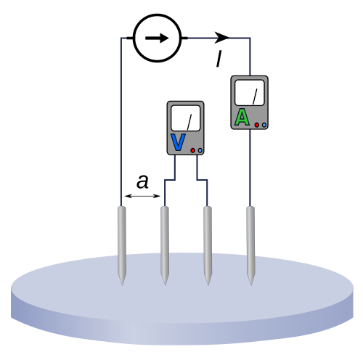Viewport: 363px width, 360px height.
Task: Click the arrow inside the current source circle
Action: point(157,38)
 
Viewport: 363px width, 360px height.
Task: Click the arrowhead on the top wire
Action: point(221,38)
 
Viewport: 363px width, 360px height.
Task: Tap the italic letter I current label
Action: point(219,58)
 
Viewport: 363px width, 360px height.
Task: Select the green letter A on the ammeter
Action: point(242,117)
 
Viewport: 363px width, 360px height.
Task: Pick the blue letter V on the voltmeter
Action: point(179,142)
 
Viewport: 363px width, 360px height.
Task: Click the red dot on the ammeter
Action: point(257,125)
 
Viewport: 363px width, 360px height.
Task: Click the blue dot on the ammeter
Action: point(264,125)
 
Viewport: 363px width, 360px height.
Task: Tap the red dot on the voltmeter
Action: point(193,150)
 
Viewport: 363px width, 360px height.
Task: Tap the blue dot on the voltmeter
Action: point(200,150)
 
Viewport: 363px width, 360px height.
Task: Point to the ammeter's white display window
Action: point(249,93)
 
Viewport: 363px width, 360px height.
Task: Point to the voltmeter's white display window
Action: point(185,118)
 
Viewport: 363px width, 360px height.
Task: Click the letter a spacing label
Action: point(142,181)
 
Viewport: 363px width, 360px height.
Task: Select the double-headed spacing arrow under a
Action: point(142,196)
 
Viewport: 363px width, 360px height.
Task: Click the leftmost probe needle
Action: point(122,245)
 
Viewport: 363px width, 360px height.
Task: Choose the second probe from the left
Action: point(165,245)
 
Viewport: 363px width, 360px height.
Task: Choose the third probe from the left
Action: point(208,245)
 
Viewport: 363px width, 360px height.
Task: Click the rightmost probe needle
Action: point(250,245)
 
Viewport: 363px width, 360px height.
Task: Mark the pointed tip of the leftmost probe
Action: point(122,285)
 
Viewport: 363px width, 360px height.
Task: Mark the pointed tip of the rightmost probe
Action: point(251,285)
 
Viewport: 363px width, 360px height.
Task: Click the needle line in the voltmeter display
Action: point(189,122)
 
